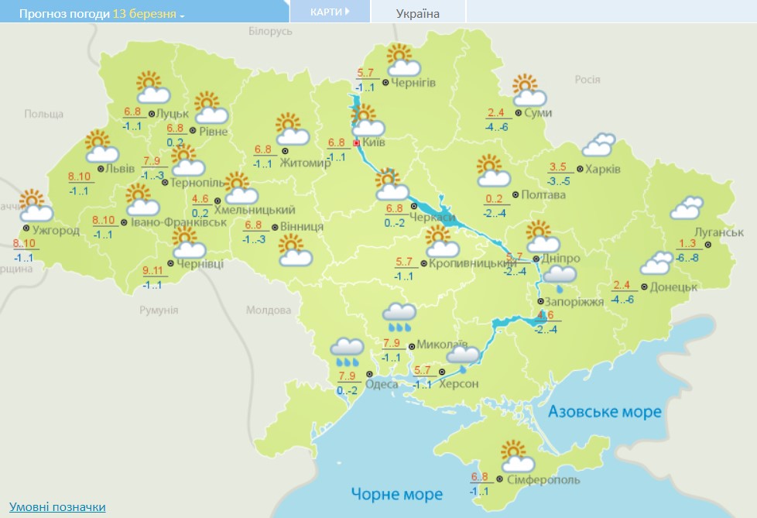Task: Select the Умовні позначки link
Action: click(x=57, y=506)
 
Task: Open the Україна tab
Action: click(x=417, y=13)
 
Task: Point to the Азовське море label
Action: click(x=605, y=411)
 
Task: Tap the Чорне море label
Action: click(x=397, y=493)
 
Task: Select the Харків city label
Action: click(x=602, y=170)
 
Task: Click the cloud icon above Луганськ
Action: click(x=687, y=208)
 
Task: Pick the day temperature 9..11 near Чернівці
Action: click(x=154, y=271)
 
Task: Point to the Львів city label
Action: click(x=120, y=168)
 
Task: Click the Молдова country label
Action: click(x=268, y=310)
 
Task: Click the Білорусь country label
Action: click(x=271, y=31)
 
